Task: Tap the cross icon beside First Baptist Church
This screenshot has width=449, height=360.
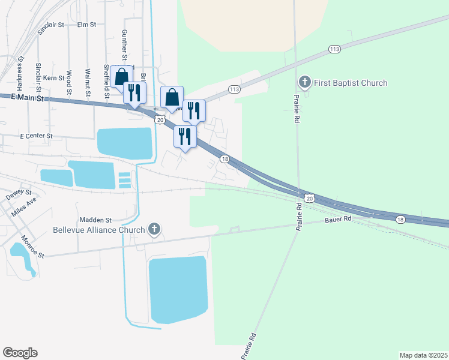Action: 305,82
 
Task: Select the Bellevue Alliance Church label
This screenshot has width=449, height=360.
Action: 99,230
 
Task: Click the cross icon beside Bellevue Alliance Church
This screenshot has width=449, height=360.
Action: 154,229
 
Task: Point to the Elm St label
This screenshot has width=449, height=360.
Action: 87,25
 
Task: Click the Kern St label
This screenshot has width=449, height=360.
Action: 53,79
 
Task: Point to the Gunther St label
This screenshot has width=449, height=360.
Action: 124,43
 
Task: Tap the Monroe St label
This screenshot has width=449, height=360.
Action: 33,247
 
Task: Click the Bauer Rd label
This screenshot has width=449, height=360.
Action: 338,220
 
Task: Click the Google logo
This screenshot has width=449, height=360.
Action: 20,353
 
